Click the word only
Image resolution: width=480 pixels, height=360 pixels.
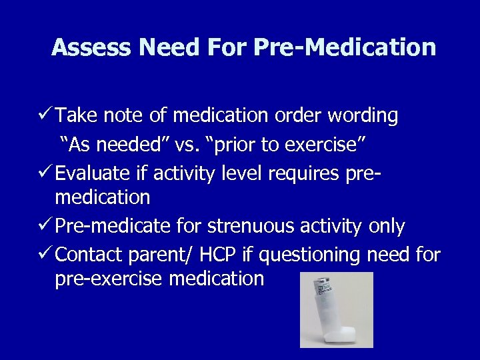point(385,227)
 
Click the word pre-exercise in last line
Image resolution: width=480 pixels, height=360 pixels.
point(109,279)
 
